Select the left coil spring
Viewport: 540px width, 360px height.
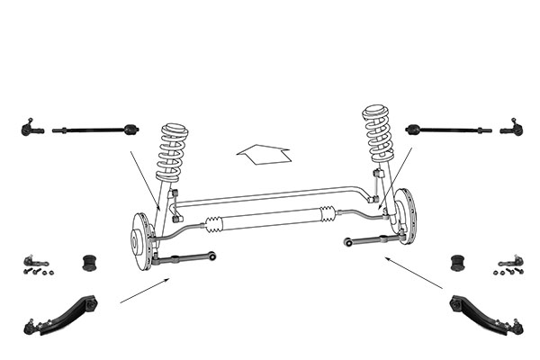point(172,153)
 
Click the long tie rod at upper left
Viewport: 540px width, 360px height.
point(95,130)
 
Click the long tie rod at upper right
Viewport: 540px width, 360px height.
point(447,130)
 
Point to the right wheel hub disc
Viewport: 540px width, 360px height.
point(404,216)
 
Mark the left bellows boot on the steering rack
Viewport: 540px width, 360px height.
point(215,224)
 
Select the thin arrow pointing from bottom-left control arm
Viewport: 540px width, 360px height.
point(144,290)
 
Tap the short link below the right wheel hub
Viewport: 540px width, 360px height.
point(371,240)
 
